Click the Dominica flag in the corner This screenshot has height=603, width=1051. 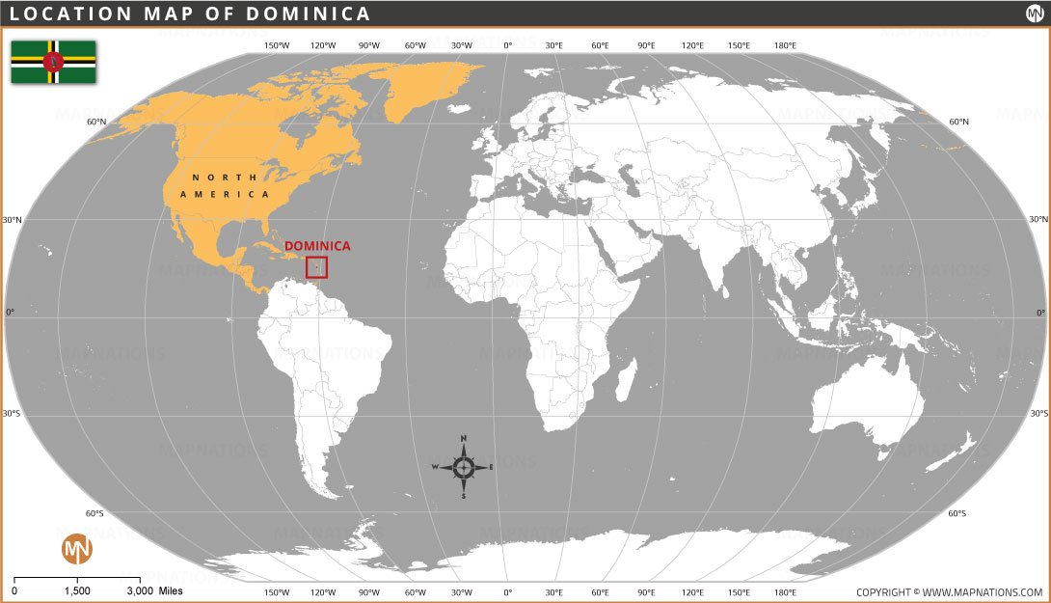(53, 62)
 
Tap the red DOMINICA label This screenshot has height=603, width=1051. (317, 246)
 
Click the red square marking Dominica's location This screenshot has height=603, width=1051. (317, 267)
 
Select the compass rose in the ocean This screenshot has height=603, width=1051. (463, 467)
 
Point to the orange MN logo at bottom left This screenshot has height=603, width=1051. (76, 549)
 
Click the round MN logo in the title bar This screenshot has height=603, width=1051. (1033, 14)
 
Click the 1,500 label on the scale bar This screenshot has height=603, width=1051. (77, 590)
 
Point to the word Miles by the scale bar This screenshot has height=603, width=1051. (171, 590)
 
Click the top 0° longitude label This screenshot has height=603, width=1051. (508, 45)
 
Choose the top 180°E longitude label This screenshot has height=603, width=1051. (785, 45)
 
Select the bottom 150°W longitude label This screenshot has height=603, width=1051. (277, 591)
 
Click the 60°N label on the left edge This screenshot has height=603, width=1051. (95, 123)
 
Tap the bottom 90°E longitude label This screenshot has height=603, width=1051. (645, 591)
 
